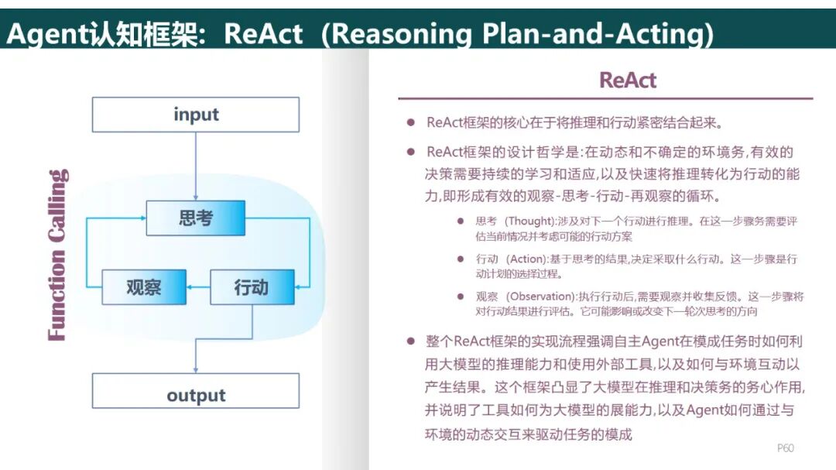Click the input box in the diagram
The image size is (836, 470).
click(x=196, y=115)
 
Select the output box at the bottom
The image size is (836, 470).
click(x=196, y=396)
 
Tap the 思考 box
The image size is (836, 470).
click(x=195, y=218)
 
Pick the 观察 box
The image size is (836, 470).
click(x=144, y=287)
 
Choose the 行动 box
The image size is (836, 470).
click(x=252, y=287)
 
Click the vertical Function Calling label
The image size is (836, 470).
click(x=58, y=255)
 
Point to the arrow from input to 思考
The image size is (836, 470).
click(x=196, y=166)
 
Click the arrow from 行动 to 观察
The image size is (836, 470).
click(x=198, y=287)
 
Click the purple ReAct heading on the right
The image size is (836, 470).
click(x=628, y=80)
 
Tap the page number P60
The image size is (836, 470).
click(x=785, y=448)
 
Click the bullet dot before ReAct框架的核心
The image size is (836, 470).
click(x=411, y=123)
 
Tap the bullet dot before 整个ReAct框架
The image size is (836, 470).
click(x=411, y=341)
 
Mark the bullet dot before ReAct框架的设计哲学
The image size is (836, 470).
click(x=411, y=153)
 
